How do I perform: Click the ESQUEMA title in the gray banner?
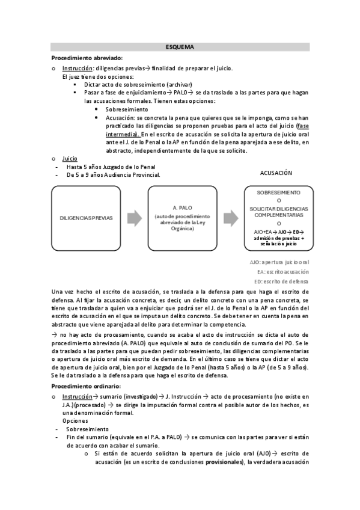click(180, 46)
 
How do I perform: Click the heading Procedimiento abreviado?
click(87, 58)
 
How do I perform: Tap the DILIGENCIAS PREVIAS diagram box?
click(86, 217)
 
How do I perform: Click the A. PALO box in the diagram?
click(182, 217)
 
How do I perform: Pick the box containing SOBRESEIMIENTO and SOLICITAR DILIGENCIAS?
click(278, 217)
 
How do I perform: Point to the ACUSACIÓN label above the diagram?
click(276, 173)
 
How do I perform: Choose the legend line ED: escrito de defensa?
click(281, 281)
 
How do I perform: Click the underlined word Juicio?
click(70, 158)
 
